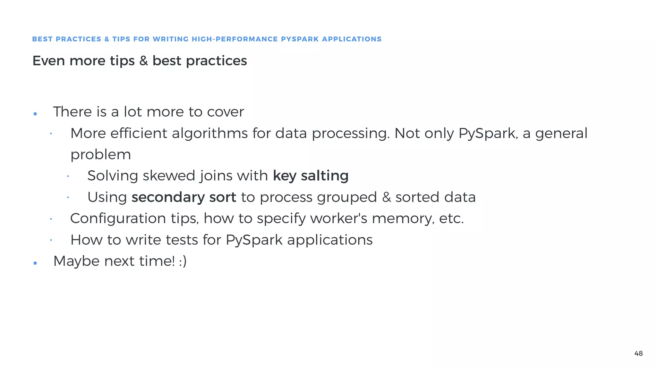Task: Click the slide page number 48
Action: pos(638,353)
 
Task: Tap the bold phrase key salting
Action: pos(311,176)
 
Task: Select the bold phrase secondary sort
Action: pos(184,197)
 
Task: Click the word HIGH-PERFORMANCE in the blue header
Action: pos(235,39)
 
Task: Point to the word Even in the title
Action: pos(48,61)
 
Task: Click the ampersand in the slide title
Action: pos(143,61)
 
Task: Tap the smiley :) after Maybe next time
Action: pos(183,261)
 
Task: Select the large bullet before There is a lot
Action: pos(35,114)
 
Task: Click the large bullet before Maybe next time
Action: pos(35,263)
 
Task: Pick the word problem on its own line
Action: pos(100,155)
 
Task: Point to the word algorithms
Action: pos(210,133)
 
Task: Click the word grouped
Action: pos(347,197)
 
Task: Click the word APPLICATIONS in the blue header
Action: pos(352,39)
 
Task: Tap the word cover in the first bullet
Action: pos(225,112)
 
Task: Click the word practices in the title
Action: pos(216,61)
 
